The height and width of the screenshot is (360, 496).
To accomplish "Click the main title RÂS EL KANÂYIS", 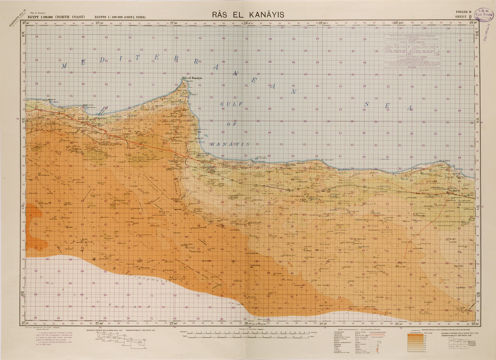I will tap(248, 15).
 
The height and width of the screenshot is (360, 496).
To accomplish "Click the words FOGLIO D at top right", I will tap(463, 12).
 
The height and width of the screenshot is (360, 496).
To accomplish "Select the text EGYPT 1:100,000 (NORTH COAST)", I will tap(56, 17).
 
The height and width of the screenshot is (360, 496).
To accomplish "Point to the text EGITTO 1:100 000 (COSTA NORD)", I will tap(120, 17).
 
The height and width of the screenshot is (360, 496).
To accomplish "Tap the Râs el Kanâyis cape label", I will tap(192, 78).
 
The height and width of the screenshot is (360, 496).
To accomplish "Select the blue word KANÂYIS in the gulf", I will tap(230, 144).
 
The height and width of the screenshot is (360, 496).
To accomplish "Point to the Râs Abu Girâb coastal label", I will tap(327, 160).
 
